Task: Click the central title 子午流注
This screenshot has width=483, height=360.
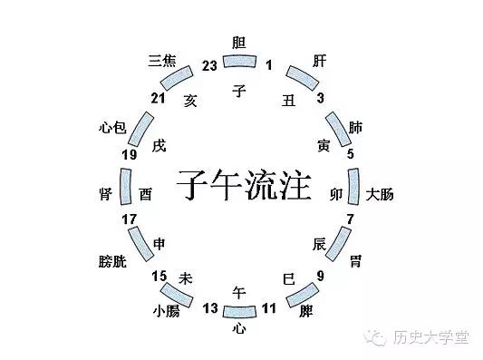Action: (242, 184)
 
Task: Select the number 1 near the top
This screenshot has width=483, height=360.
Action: (268, 65)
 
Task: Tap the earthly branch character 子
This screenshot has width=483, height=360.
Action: (239, 91)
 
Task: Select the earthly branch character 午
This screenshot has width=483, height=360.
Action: (239, 292)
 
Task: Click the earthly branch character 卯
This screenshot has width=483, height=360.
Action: (336, 193)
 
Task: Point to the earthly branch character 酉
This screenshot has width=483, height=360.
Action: (146, 193)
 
